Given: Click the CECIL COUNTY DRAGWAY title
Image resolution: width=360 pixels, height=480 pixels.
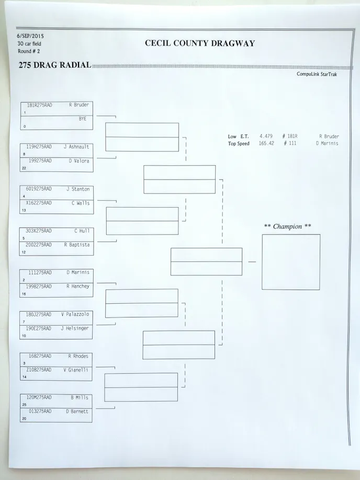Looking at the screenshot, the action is tap(200, 43).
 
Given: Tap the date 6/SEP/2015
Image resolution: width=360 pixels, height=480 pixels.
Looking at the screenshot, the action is tap(30, 36).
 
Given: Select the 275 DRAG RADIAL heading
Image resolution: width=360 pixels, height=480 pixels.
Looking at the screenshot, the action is tap(55, 65).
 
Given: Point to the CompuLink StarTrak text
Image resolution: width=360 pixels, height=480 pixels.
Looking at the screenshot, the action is tap(317, 74).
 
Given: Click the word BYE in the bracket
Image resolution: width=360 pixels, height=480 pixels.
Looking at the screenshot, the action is tap(83, 119).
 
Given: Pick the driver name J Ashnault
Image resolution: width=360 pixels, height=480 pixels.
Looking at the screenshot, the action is tap(76, 147).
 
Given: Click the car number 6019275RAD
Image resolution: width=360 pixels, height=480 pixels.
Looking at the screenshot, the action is tap(39, 189).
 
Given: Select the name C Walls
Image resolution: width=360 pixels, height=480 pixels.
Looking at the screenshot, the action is tap(81, 203).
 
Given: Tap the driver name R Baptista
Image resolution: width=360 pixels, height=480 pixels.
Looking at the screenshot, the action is tap(77, 245).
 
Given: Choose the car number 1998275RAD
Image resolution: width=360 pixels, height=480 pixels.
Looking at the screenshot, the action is tap(39, 287).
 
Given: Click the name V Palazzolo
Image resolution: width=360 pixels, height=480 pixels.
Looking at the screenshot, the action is tap(75, 314).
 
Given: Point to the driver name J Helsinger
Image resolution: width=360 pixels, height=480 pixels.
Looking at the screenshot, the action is tap(75, 328).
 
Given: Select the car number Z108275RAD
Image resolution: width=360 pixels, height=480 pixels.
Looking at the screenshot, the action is tap(39, 370).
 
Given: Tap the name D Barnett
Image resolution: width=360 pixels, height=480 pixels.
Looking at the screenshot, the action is tap(77, 412).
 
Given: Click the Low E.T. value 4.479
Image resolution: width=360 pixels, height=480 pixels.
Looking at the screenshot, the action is tap(266, 136).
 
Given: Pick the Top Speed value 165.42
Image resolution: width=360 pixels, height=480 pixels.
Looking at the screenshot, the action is tap(266, 143).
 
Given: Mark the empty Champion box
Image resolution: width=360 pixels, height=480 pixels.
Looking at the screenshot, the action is tap(291, 262).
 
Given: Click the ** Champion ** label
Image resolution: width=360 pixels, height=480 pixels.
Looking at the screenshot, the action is tap(287, 226).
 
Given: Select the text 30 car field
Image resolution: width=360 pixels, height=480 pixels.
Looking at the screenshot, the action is tap(29, 44).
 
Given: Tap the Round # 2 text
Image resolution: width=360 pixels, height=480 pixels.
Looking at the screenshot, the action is tap(29, 51).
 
